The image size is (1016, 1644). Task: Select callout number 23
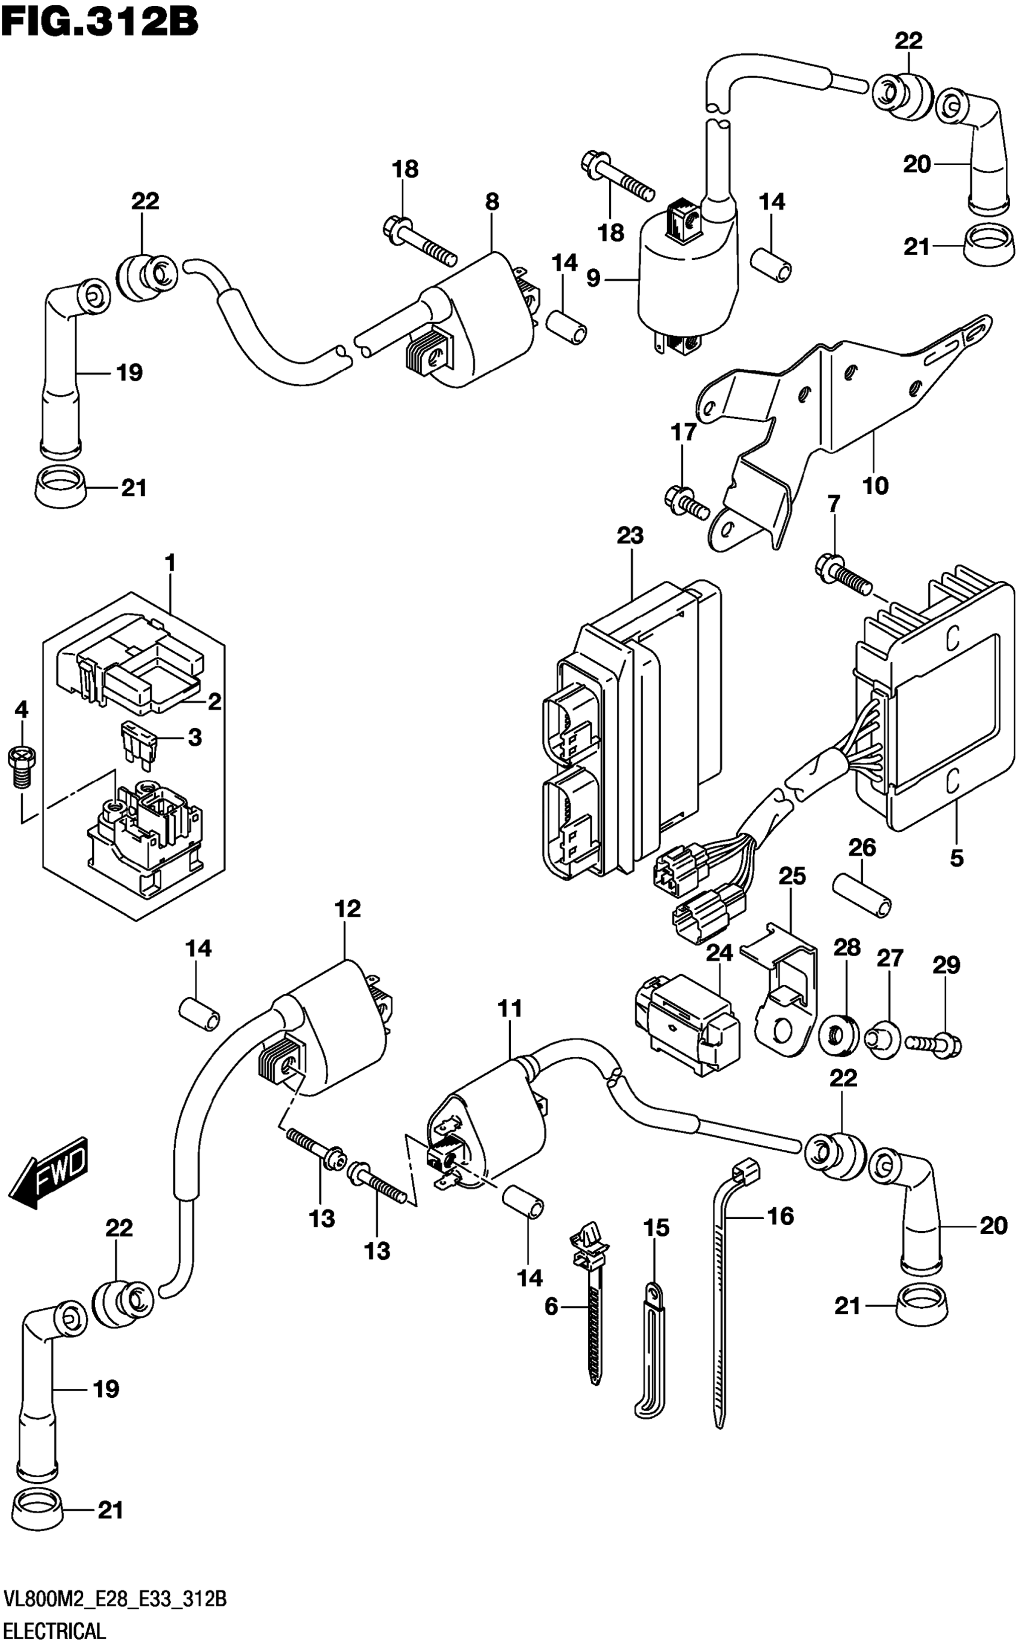tap(630, 535)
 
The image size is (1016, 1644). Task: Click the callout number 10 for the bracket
tap(875, 485)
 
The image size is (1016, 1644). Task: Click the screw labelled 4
tap(22, 768)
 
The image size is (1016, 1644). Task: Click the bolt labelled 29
tap(934, 1043)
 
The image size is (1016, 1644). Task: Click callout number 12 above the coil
tap(347, 909)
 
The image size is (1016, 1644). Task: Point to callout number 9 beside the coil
tap(593, 277)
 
